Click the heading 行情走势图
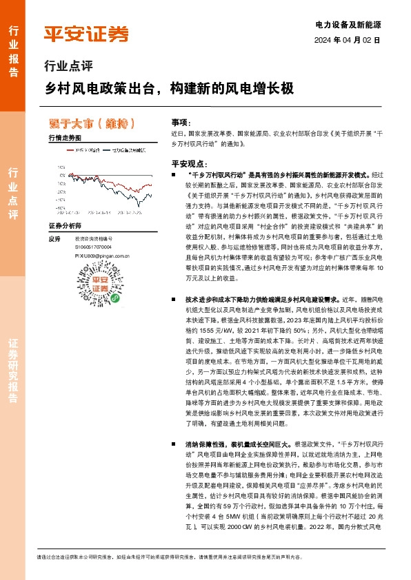66,138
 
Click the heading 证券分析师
66,226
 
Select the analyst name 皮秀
55,239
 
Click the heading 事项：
181,121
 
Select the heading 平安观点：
188,163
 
